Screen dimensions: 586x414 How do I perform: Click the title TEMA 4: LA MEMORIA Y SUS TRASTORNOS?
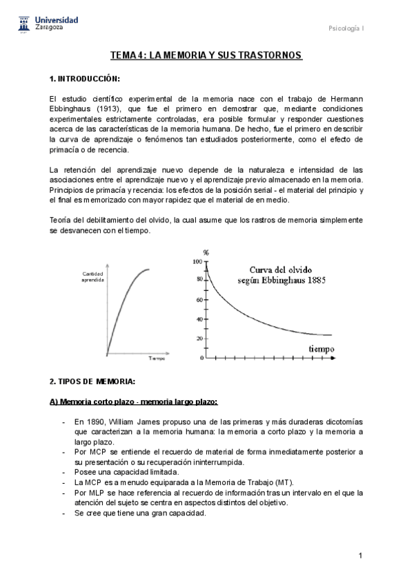[206, 55]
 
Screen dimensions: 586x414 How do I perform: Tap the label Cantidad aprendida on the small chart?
[92, 277]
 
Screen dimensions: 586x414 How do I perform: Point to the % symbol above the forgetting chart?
[206, 253]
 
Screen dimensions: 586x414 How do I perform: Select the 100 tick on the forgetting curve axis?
[198, 262]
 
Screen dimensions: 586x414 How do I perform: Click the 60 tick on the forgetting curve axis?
[199, 301]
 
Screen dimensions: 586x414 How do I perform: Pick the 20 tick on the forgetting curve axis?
[199, 339]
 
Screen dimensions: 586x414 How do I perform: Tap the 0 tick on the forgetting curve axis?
[201, 358]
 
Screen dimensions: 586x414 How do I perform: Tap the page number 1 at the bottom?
[360, 556]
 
